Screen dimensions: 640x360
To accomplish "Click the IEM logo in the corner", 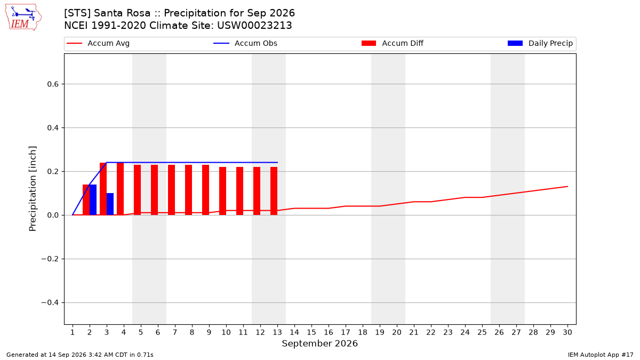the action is (23, 18).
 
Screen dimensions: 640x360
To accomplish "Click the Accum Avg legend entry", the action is (98, 43).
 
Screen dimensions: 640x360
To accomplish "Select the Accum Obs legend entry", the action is (245, 43).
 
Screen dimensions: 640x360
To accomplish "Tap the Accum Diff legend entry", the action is (393, 43).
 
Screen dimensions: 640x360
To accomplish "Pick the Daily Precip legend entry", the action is (540, 43).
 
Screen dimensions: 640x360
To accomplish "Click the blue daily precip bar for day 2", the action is (93, 199).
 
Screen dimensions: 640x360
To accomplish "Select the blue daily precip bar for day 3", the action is (110, 204).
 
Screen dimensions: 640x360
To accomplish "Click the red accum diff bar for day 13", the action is (274, 191).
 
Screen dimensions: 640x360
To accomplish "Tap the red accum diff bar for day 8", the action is (189, 190).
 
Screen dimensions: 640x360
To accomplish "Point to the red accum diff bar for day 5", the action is (138, 190).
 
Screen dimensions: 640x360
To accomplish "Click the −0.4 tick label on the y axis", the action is (50, 302).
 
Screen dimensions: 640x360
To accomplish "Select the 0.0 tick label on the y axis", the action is (53, 215).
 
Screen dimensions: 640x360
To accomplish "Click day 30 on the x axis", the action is (567, 332).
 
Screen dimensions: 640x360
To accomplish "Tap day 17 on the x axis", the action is (346, 332).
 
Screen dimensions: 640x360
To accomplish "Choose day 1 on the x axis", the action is (73, 332).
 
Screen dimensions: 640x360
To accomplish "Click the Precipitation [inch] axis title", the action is (33, 189).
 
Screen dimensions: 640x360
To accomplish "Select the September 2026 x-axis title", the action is (319, 343).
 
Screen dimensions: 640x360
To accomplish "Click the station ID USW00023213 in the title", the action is (254, 26).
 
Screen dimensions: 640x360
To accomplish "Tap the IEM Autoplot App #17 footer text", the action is (601, 355).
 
